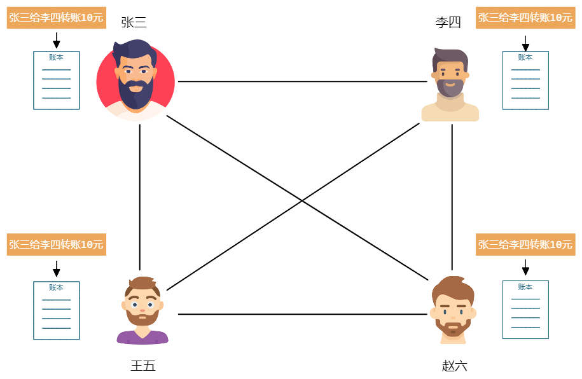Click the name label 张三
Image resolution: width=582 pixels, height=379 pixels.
coord(134,22)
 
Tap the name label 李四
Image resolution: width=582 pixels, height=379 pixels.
coord(448,22)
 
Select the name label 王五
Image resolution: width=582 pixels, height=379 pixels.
coord(143,366)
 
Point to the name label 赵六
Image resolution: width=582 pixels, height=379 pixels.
coord(454,366)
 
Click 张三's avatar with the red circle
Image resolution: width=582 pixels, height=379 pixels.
coord(135,80)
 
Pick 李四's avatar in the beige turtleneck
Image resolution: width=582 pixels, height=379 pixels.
coord(450,85)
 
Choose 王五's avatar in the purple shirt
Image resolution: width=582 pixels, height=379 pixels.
coord(142,310)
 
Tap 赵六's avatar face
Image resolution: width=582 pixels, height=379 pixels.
coord(454,310)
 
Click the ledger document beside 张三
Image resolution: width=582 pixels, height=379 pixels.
coord(57,80)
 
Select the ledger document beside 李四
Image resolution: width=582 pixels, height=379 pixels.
coord(525,80)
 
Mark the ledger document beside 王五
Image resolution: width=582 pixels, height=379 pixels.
coord(57,310)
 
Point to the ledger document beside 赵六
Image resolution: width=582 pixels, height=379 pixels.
coord(525,310)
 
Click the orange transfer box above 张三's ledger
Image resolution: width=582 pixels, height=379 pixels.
coord(57,17)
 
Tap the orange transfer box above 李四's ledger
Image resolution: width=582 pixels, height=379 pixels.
coord(525,17)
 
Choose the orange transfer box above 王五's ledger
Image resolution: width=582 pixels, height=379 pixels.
coord(57,244)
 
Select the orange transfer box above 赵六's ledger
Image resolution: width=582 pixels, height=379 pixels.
coord(525,244)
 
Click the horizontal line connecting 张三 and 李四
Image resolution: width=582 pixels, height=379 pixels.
coord(303,81)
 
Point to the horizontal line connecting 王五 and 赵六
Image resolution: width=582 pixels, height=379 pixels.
coord(303,314)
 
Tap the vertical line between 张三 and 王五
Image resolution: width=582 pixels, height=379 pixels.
coord(139,197)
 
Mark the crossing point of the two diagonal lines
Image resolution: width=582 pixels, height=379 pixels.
coord(301,201)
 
